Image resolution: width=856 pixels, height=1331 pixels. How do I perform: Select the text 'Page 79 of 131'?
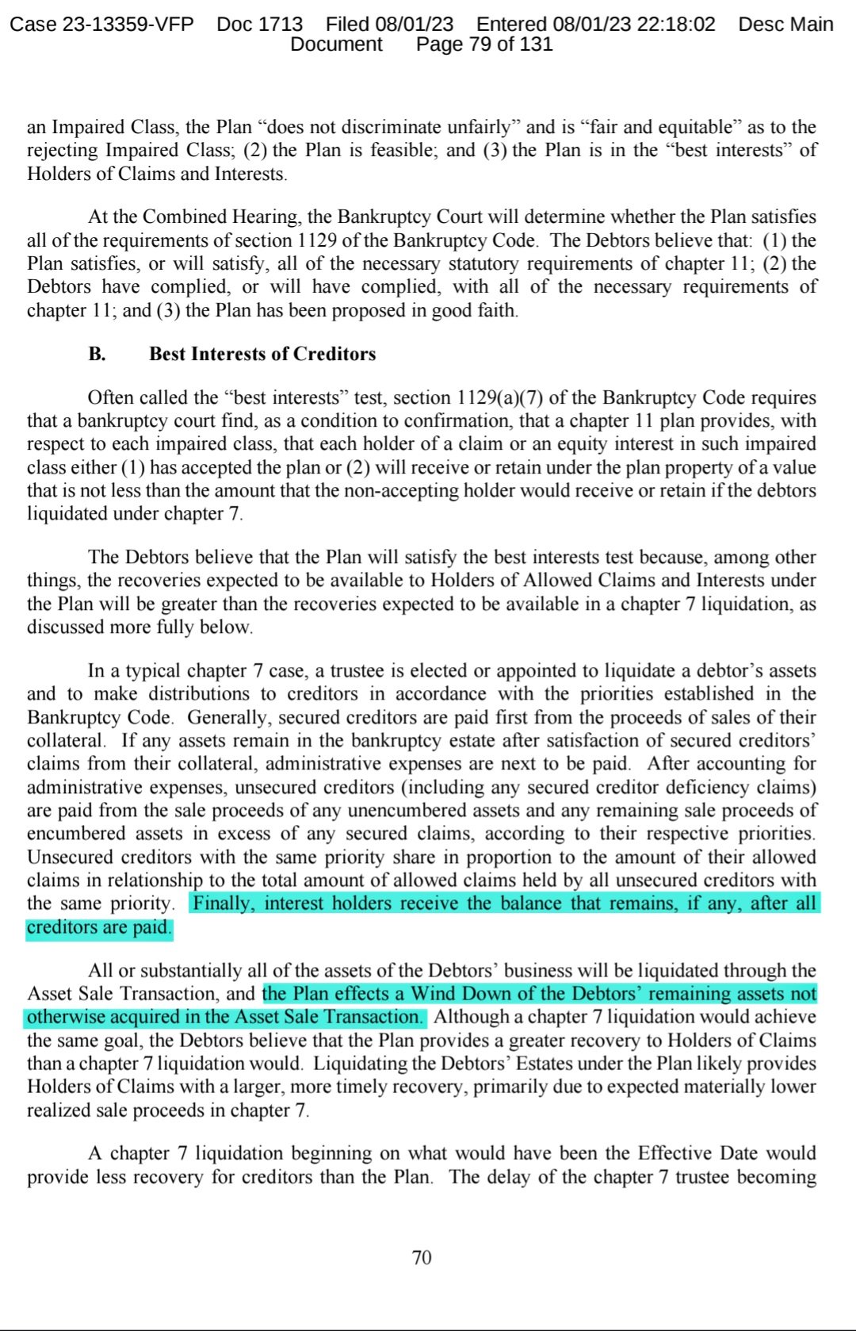[x=484, y=44]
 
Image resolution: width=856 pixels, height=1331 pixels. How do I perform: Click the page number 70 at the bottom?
[x=422, y=1257]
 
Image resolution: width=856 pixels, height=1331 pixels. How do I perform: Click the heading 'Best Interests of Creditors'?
[x=262, y=354]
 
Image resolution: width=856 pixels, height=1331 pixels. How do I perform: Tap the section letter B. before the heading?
[x=97, y=354]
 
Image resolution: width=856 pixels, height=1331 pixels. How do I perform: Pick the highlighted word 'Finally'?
[x=224, y=903]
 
